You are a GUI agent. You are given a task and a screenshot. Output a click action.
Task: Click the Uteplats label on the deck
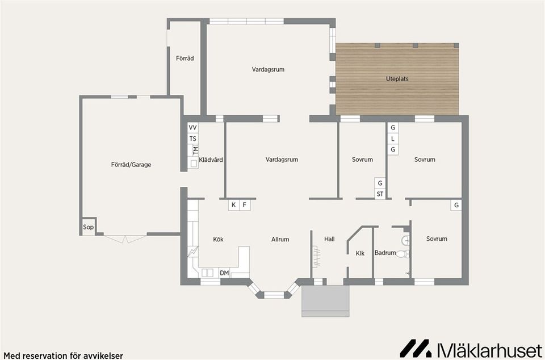click(x=397, y=79)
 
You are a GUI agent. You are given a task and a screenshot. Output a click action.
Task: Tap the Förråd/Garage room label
click(x=131, y=165)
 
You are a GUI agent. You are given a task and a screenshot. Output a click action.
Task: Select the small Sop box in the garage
click(x=88, y=227)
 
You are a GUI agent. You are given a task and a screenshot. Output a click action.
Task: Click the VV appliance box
click(x=193, y=128)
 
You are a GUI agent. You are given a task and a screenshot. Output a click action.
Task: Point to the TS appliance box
click(x=193, y=139)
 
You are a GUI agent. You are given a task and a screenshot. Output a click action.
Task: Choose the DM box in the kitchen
click(x=224, y=274)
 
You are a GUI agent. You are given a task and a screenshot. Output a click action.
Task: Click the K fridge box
click(x=233, y=205)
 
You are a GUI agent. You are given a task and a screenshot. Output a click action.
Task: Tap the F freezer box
click(x=245, y=205)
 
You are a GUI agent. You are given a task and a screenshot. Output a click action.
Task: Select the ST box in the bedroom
click(x=380, y=194)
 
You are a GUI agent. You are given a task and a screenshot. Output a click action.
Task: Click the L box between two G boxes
click(x=392, y=139)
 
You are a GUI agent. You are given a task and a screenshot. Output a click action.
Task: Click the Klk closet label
click(x=360, y=253)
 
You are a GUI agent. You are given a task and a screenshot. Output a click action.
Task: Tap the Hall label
click(x=329, y=239)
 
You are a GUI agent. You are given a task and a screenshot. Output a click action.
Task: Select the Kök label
click(x=218, y=239)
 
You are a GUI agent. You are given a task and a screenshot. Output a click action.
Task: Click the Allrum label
click(x=280, y=239)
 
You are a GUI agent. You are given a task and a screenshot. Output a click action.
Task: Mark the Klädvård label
click(x=211, y=160)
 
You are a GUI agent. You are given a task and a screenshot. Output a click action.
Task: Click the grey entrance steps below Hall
click(x=325, y=301)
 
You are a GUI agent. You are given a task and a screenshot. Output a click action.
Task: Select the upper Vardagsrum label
click(x=268, y=69)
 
